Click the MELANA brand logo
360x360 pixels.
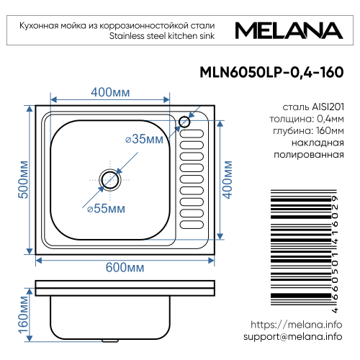288,31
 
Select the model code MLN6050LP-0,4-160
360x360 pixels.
269,73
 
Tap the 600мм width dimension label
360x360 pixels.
125,267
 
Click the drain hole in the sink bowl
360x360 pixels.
110,178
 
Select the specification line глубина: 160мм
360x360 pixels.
303,130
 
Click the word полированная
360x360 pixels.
304,155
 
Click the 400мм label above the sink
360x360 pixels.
111,92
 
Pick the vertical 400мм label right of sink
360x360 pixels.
228,179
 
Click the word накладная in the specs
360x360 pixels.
315,143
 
